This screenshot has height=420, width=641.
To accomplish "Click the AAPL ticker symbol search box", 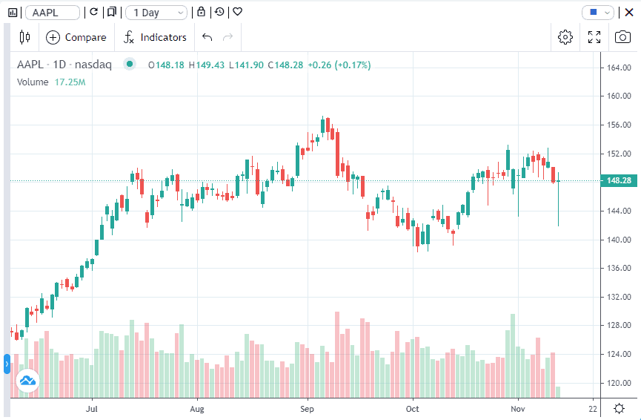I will pyautogui.click(x=53, y=13).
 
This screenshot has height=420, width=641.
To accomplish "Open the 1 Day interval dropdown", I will pyautogui.click(x=156, y=13).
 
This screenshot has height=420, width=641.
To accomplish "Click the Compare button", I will pyautogui.click(x=76, y=37).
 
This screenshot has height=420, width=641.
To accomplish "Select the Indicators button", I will pyautogui.click(x=155, y=37).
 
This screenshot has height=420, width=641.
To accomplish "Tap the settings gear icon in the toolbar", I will pyautogui.click(x=565, y=37).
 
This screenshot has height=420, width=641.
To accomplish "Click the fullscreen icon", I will pyautogui.click(x=594, y=37).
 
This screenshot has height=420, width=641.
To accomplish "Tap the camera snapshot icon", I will pyautogui.click(x=622, y=37).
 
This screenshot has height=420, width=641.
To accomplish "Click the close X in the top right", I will pyautogui.click(x=629, y=12).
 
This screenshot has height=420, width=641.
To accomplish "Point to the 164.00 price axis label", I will pyautogui.click(x=618, y=68).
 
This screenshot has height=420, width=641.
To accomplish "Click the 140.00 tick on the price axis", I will pyautogui.click(x=618, y=240).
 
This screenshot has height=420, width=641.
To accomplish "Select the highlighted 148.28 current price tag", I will pyautogui.click(x=618, y=180).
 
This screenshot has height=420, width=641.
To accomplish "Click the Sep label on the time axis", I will pyautogui.click(x=308, y=408).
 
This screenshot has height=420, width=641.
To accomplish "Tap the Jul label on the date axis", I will pyautogui.click(x=92, y=408).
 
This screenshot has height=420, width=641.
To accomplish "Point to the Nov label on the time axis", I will pyautogui.click(x=518, y=408).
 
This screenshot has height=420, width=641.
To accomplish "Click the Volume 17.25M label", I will pyautogui.click(x=51, y=82).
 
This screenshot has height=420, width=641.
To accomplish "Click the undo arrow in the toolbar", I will pyautogui.click(x=207, y=37).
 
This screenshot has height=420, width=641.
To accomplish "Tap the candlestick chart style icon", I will pyautogui.click(x=25, y=37).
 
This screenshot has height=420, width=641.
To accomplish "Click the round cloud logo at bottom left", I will pyautogui.click(x=27, y=382).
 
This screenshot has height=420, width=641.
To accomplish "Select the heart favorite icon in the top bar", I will pyautogui.click(x=237, y=13).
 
